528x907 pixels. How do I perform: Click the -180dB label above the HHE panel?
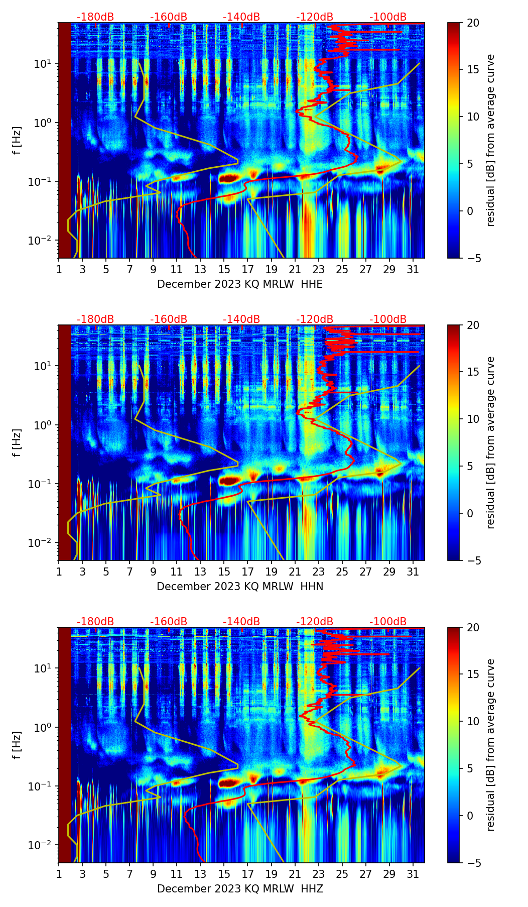(x=95, y=17)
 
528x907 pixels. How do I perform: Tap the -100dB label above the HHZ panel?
(x=388, y=622)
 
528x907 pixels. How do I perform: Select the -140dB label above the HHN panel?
(x=241, y=319)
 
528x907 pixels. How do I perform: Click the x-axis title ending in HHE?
(x=240, y=284)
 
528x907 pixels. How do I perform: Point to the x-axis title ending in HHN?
(x=240, y=587)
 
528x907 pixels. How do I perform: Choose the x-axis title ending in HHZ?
(x=240, y=889)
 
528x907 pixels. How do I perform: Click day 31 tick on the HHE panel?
(x=413, y=269)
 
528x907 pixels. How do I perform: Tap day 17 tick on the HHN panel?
(x=247, y=572)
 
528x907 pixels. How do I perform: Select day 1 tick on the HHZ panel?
(x=59, y=874)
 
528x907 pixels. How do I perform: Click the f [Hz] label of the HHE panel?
(x=17, y=141)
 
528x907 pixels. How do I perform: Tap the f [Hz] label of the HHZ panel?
(x=17, y=745)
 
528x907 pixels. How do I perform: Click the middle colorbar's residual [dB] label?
(x=491, y=442)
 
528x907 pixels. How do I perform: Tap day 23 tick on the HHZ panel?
(x=318, y=874)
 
